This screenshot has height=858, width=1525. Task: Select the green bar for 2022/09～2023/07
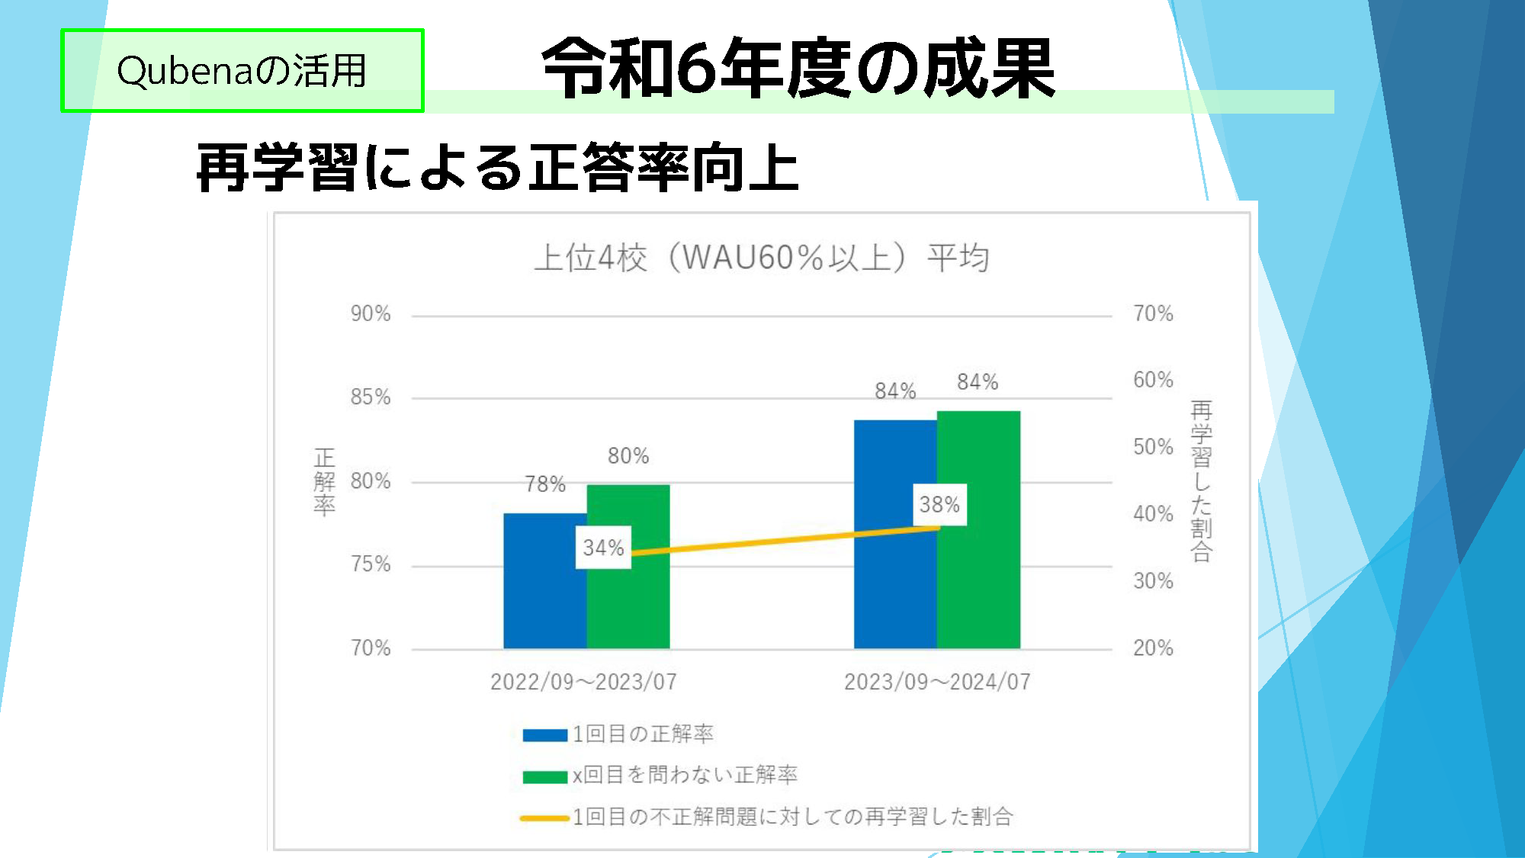pyautogui.click(x=628, y=603)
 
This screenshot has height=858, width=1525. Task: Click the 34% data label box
pyautogui.click(x=603, y=548)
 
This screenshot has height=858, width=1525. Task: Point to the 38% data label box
pyautogui.click(x=939, y=505)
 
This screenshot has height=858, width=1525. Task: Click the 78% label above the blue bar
pyautogui.click(x=545, y=484)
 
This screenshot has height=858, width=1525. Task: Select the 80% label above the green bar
pyautogui.click(x=628, y=456)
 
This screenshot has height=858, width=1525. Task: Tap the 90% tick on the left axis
pyautogui.click(x=371, y=313)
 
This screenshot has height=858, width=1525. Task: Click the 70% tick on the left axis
pyautogui.click(x=371, y=648)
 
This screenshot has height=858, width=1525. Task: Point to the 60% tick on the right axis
pyautogui.click(x=1153, y=380)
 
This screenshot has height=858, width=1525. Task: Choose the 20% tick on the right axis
pyautogui.click(x=1153, y=648)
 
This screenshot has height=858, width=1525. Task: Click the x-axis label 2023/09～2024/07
pyautogui.click(x=937, y=682)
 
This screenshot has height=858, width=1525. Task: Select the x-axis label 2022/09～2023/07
pyautogui.click(x=583, y=682)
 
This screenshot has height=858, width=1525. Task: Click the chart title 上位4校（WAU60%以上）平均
pyautogui.click(x=761, y=258)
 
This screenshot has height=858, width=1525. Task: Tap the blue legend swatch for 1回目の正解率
pyautogui.click(x=544, y=735)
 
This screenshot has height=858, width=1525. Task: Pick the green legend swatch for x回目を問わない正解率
pyautogui.click(x=544, y=776)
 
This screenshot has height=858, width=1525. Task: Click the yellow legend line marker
pyautogui.click(x=544, y=818)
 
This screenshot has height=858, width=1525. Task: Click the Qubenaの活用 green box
pyautogui.click(x=242, y=71)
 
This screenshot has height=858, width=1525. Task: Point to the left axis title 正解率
pyautogui.click(x=324, y=482)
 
